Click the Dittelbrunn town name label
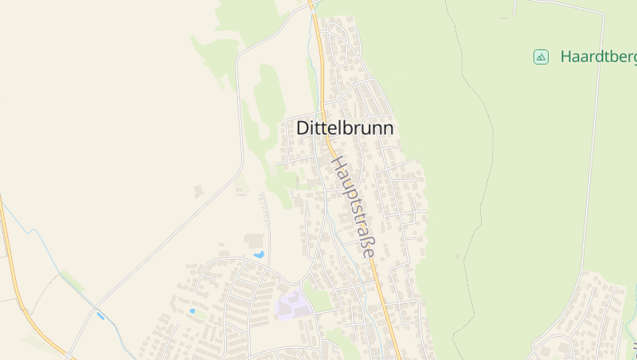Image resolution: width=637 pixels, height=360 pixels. [345, 127]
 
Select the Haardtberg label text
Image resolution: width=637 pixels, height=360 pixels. [597, 57]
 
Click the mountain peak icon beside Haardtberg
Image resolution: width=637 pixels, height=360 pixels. [541, 57]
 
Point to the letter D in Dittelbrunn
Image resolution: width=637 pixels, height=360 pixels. [303, 127]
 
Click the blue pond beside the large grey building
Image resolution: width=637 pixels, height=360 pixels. [259, 254]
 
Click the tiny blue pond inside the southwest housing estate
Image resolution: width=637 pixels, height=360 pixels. [192, 311]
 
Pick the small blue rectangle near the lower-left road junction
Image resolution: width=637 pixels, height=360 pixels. [100, 316]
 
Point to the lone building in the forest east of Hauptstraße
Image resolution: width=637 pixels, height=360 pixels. [457, 256]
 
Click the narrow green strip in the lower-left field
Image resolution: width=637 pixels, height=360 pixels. [72, 281]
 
